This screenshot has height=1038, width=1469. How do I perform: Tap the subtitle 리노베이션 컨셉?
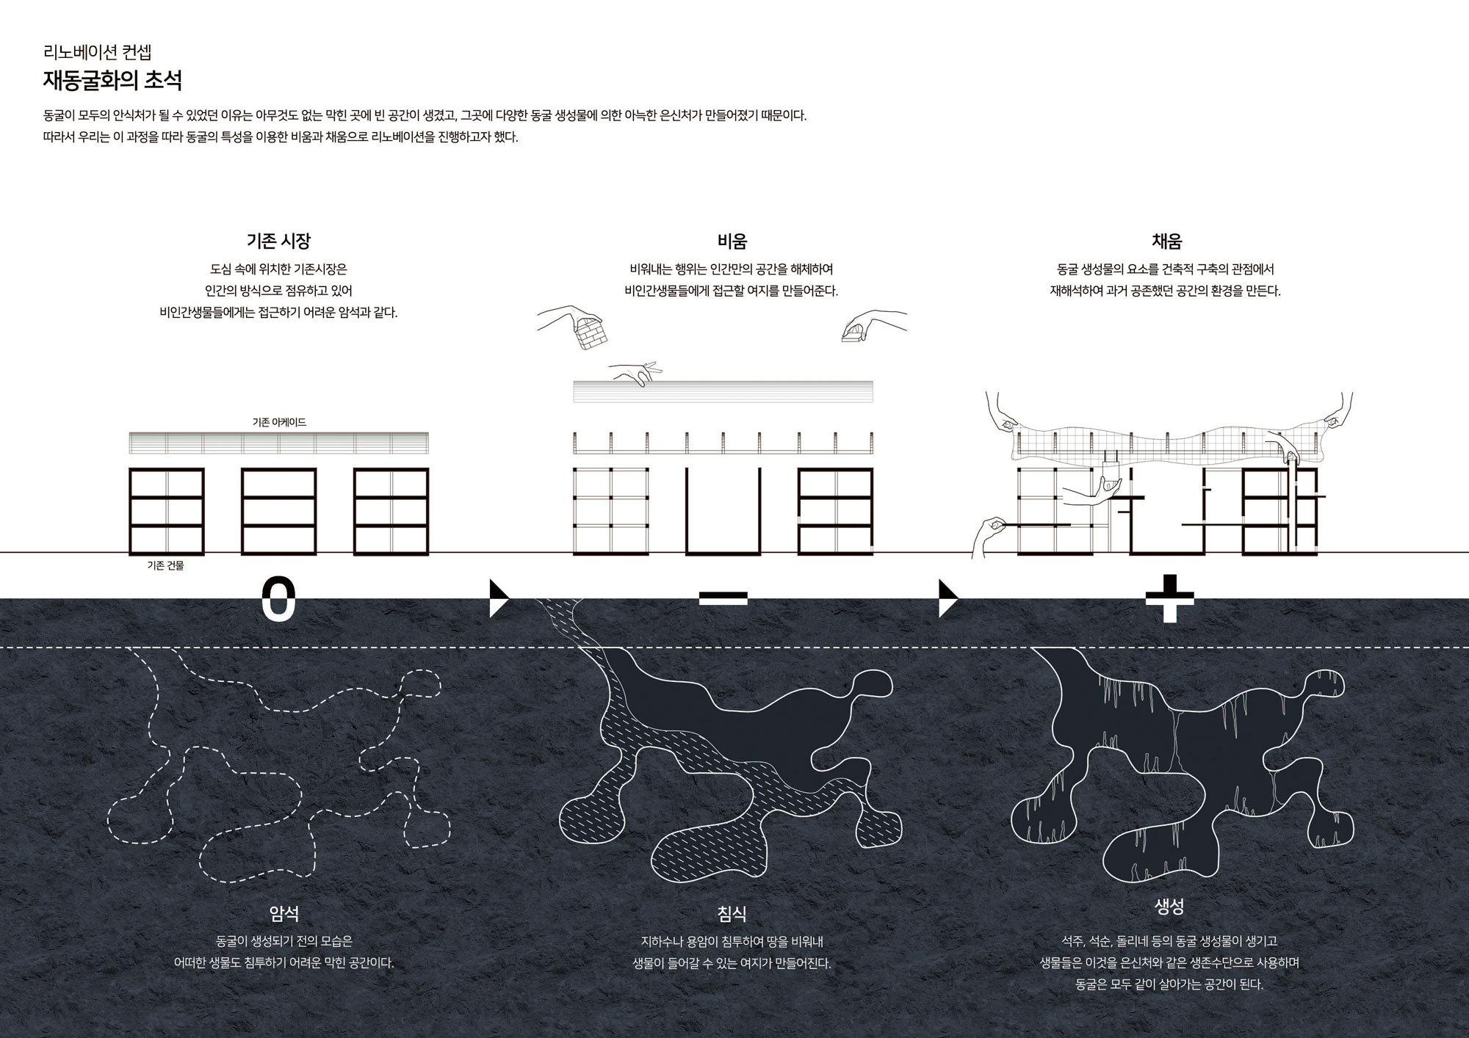[98, 52]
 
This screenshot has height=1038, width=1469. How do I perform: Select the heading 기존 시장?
[278, 241]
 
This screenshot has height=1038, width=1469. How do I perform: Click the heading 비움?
[732, 241]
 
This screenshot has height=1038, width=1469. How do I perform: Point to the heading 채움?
[1166, 241]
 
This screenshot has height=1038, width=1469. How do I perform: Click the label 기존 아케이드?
[279, 422]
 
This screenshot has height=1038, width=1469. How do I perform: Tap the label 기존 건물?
[166, 565]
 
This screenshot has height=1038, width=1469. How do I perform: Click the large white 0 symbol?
[279, 600]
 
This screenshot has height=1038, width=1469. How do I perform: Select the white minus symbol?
[723, 599]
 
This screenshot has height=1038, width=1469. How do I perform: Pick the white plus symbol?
[1169, 598]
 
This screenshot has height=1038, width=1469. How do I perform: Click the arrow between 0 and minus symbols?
[499, 599]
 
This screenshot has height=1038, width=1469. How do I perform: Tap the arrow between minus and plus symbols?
[948, 599]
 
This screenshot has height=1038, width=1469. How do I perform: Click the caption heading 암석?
[284, 913]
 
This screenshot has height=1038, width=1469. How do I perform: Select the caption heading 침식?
[732, 913]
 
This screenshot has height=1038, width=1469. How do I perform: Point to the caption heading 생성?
[1169, 907]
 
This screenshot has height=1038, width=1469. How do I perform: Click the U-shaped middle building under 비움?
[723, 551]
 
